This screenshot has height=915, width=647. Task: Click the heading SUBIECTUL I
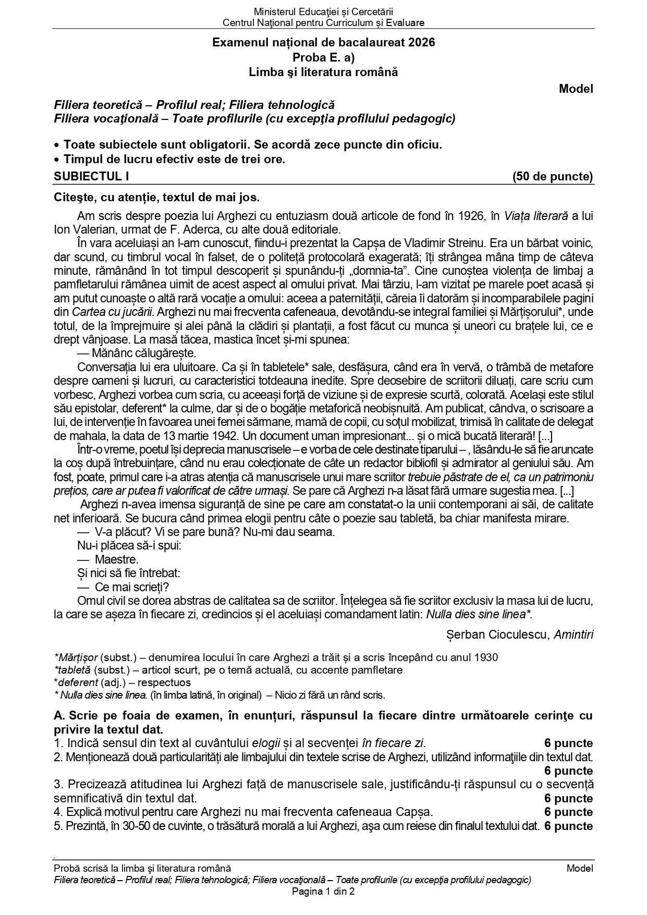tap(91, 177)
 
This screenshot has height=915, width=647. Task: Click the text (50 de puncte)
tap(553, 177)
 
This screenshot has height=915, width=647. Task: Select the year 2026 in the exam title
tap(422, 43)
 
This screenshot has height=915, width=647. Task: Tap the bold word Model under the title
tap(576, 89)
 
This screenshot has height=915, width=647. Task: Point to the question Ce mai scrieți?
tap(132, 587)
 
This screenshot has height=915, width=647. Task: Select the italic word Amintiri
tap(573, 635)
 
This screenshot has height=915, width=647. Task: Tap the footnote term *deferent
tap(76, 682)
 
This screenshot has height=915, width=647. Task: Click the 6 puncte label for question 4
tap(568, 812)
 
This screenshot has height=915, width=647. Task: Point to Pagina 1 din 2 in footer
tap(323, 892)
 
